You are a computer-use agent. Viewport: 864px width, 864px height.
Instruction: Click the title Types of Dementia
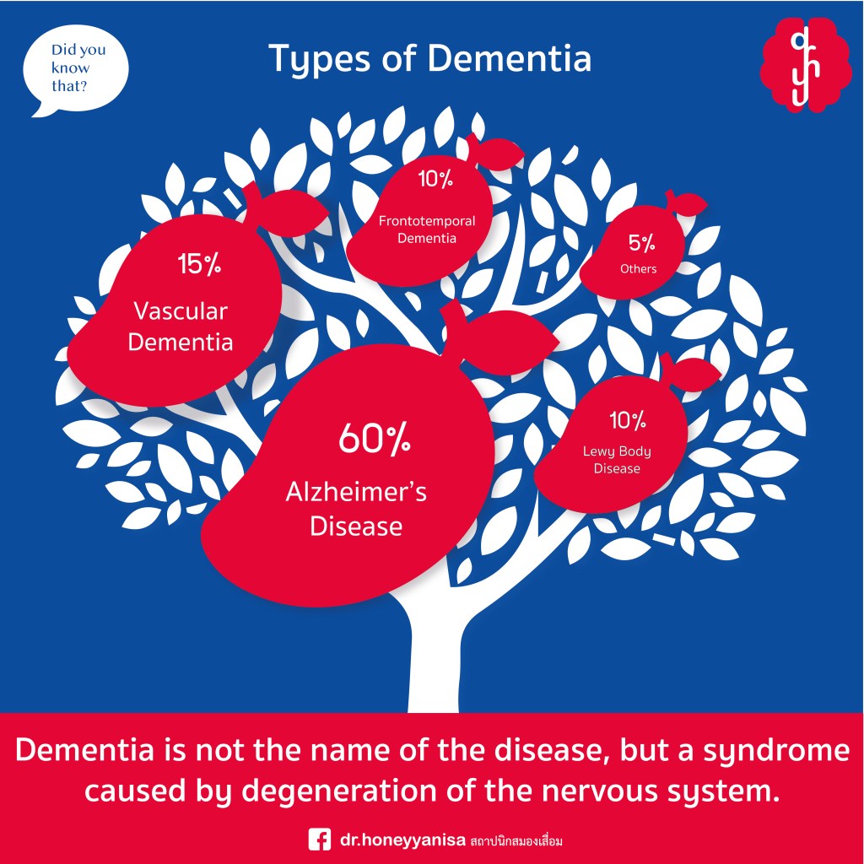click(430, 59)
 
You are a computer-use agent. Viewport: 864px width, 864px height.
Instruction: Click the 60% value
click(374, 440)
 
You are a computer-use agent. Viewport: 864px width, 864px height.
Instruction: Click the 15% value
click(199, 265)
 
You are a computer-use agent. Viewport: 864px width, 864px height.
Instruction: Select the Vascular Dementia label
click(181, 327)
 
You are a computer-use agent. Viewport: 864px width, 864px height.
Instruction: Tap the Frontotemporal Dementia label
click(427, 229)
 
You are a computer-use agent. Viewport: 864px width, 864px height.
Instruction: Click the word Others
click(638, 269)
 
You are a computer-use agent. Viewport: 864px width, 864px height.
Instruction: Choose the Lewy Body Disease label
click(617, 460)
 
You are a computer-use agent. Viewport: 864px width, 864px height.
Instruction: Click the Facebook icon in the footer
click(319, 840)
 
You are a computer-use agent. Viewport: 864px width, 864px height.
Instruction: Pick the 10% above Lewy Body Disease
click(627, 419)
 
